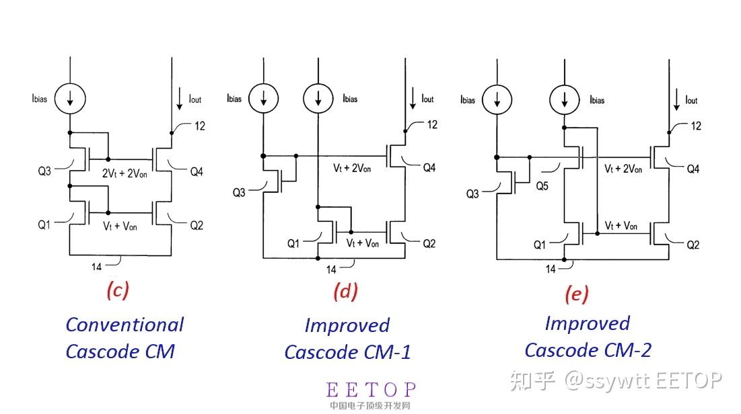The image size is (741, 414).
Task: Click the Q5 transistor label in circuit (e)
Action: [542, 186]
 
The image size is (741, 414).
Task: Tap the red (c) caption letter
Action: [118, 290]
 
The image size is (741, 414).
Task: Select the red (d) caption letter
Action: [345, 291]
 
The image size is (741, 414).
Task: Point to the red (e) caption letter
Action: [577, 294]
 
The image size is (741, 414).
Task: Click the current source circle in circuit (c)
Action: [70, 99]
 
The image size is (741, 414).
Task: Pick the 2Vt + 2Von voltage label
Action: [125, 173]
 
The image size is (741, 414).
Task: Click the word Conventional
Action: [125, 325]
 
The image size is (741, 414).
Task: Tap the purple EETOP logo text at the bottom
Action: [371, 390]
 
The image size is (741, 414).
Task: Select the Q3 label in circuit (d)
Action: [239, 193]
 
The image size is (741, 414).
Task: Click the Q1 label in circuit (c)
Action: [44, 224]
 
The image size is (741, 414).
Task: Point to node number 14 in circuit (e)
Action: [551, 269]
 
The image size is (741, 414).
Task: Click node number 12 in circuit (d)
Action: [432, 124]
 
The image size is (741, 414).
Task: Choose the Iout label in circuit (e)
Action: [691, 100]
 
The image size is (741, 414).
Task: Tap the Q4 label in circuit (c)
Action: [197, 172]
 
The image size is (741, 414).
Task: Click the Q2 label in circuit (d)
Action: [429, 243]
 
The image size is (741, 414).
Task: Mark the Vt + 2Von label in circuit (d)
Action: [352, 168]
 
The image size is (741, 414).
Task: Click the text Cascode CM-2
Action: [588, 350]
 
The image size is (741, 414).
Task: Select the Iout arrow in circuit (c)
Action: [180, 99]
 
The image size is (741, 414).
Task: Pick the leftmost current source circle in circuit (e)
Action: [497, 100]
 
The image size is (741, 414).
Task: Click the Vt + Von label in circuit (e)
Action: [621, 226]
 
